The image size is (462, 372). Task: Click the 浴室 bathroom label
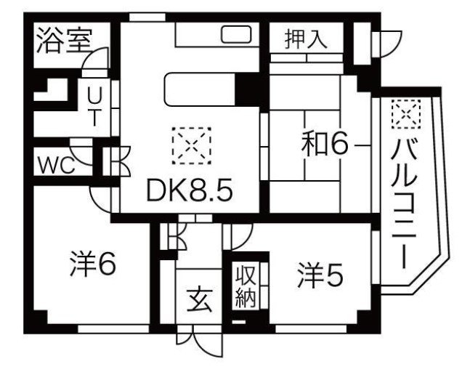tap(64, 41)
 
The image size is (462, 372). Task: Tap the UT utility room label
tap(94, 107)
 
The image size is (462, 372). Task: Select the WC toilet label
tap(56, 165)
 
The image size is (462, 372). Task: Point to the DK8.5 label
tap(190, 190)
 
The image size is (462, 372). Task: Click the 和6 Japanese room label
tap(325, 144)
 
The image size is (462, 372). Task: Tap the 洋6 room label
tap(93, 263)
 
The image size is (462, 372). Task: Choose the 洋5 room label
tap(320, 275)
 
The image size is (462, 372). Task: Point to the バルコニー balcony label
tap(404, 205)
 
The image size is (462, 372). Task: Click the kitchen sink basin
tap(236, 34)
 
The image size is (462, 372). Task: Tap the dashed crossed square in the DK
tap(192, 146)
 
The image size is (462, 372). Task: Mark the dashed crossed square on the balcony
tap(406, 114)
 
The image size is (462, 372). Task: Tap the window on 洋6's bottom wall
tap(113, 329)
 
